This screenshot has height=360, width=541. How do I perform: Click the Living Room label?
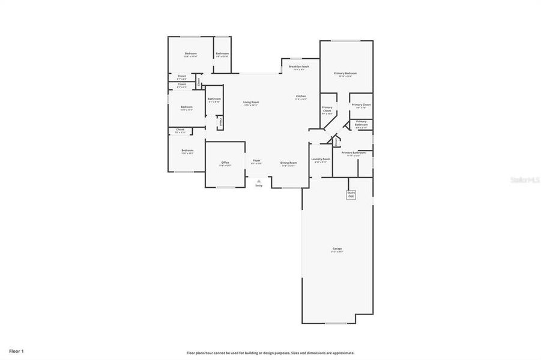(250, 102)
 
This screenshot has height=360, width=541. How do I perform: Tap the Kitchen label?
(301, 97)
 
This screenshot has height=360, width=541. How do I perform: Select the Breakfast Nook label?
(298, 67)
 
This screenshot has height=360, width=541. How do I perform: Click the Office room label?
(225, 163)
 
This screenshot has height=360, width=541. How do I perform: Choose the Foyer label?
(256, 161)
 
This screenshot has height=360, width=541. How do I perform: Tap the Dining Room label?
(289, 163)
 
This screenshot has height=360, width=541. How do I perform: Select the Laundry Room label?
(321, 159)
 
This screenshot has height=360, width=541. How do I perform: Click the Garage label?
(337, 248)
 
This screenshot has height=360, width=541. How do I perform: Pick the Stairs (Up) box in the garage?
(351, 194)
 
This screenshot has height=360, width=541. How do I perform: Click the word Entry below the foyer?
(259, 185)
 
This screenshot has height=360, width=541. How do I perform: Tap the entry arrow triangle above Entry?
(259, 180)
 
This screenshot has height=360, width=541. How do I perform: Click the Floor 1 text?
(16, 350)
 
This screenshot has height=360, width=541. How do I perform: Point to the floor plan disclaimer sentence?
(270, 353)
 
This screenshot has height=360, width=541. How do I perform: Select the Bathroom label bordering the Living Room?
(214, 99)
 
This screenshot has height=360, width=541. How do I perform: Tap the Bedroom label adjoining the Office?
(187, 150)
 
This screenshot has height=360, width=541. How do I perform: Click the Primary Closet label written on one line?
(361, 104)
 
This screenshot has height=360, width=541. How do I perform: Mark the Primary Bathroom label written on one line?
(354, 152)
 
